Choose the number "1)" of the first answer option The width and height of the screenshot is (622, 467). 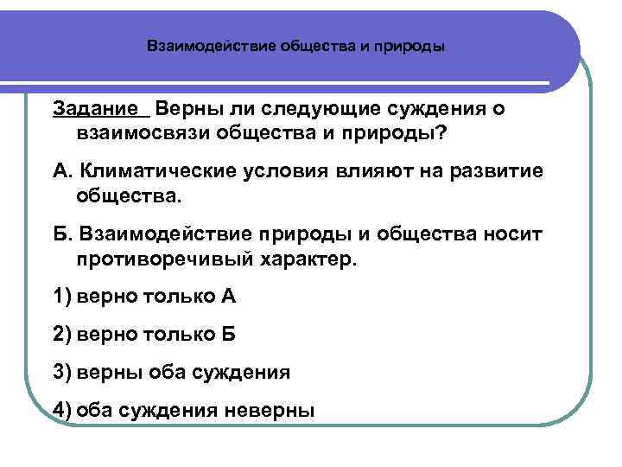[x=62, y=297]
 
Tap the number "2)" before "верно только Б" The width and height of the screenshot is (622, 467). [x=62, y=334]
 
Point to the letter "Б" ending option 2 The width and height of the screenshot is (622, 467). [x=227, y=334]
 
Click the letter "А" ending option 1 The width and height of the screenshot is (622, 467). [x=228, y=297]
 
